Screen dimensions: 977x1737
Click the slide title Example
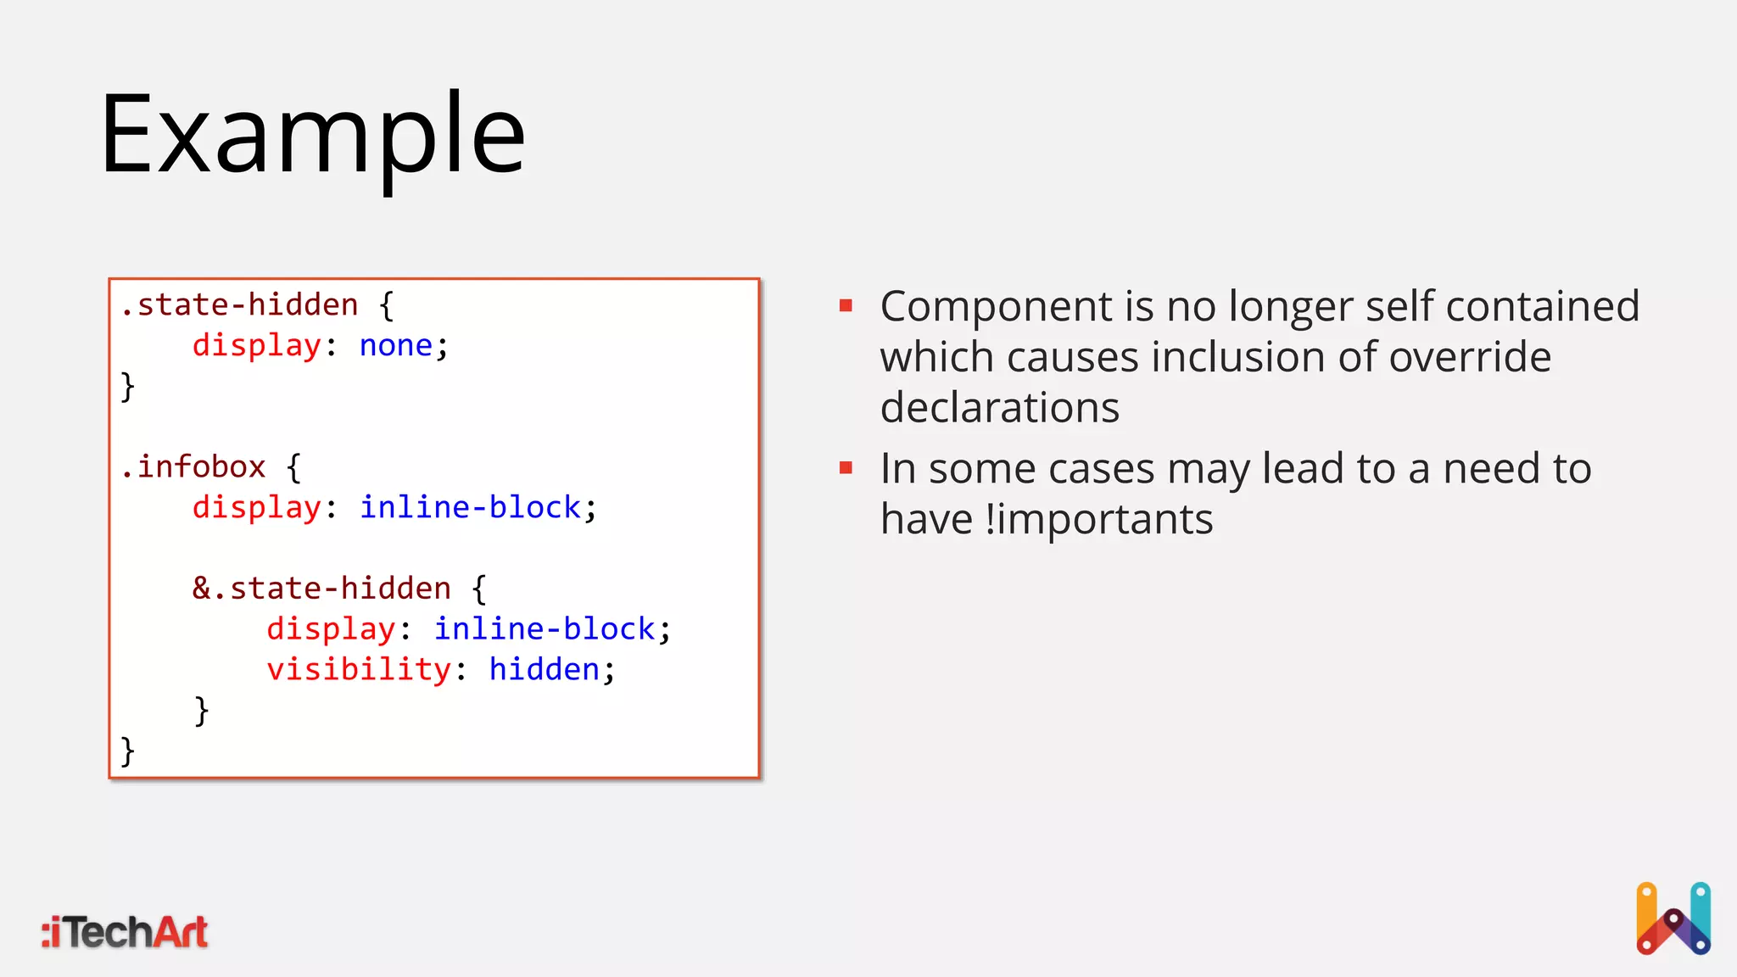point(312,136)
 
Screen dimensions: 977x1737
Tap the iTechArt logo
point(125,932)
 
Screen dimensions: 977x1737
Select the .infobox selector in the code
point(193,466)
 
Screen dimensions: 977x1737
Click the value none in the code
point(396,345)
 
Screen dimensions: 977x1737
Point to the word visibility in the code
point(359,669)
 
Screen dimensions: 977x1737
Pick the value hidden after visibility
point(545,669)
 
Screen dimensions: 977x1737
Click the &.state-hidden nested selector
point(321,588)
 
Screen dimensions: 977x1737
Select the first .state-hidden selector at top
point(239,304)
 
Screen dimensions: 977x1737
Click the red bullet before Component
point(846,305)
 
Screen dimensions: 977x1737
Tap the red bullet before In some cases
point(846,467)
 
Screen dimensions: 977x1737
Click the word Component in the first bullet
point(996,306)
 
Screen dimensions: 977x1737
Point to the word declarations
point(1000,407)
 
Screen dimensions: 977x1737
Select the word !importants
point(1099,519)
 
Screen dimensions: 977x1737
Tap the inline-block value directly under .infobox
point(471,507)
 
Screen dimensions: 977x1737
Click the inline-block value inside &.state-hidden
point(545,628)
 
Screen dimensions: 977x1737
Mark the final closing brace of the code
point(127,751)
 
